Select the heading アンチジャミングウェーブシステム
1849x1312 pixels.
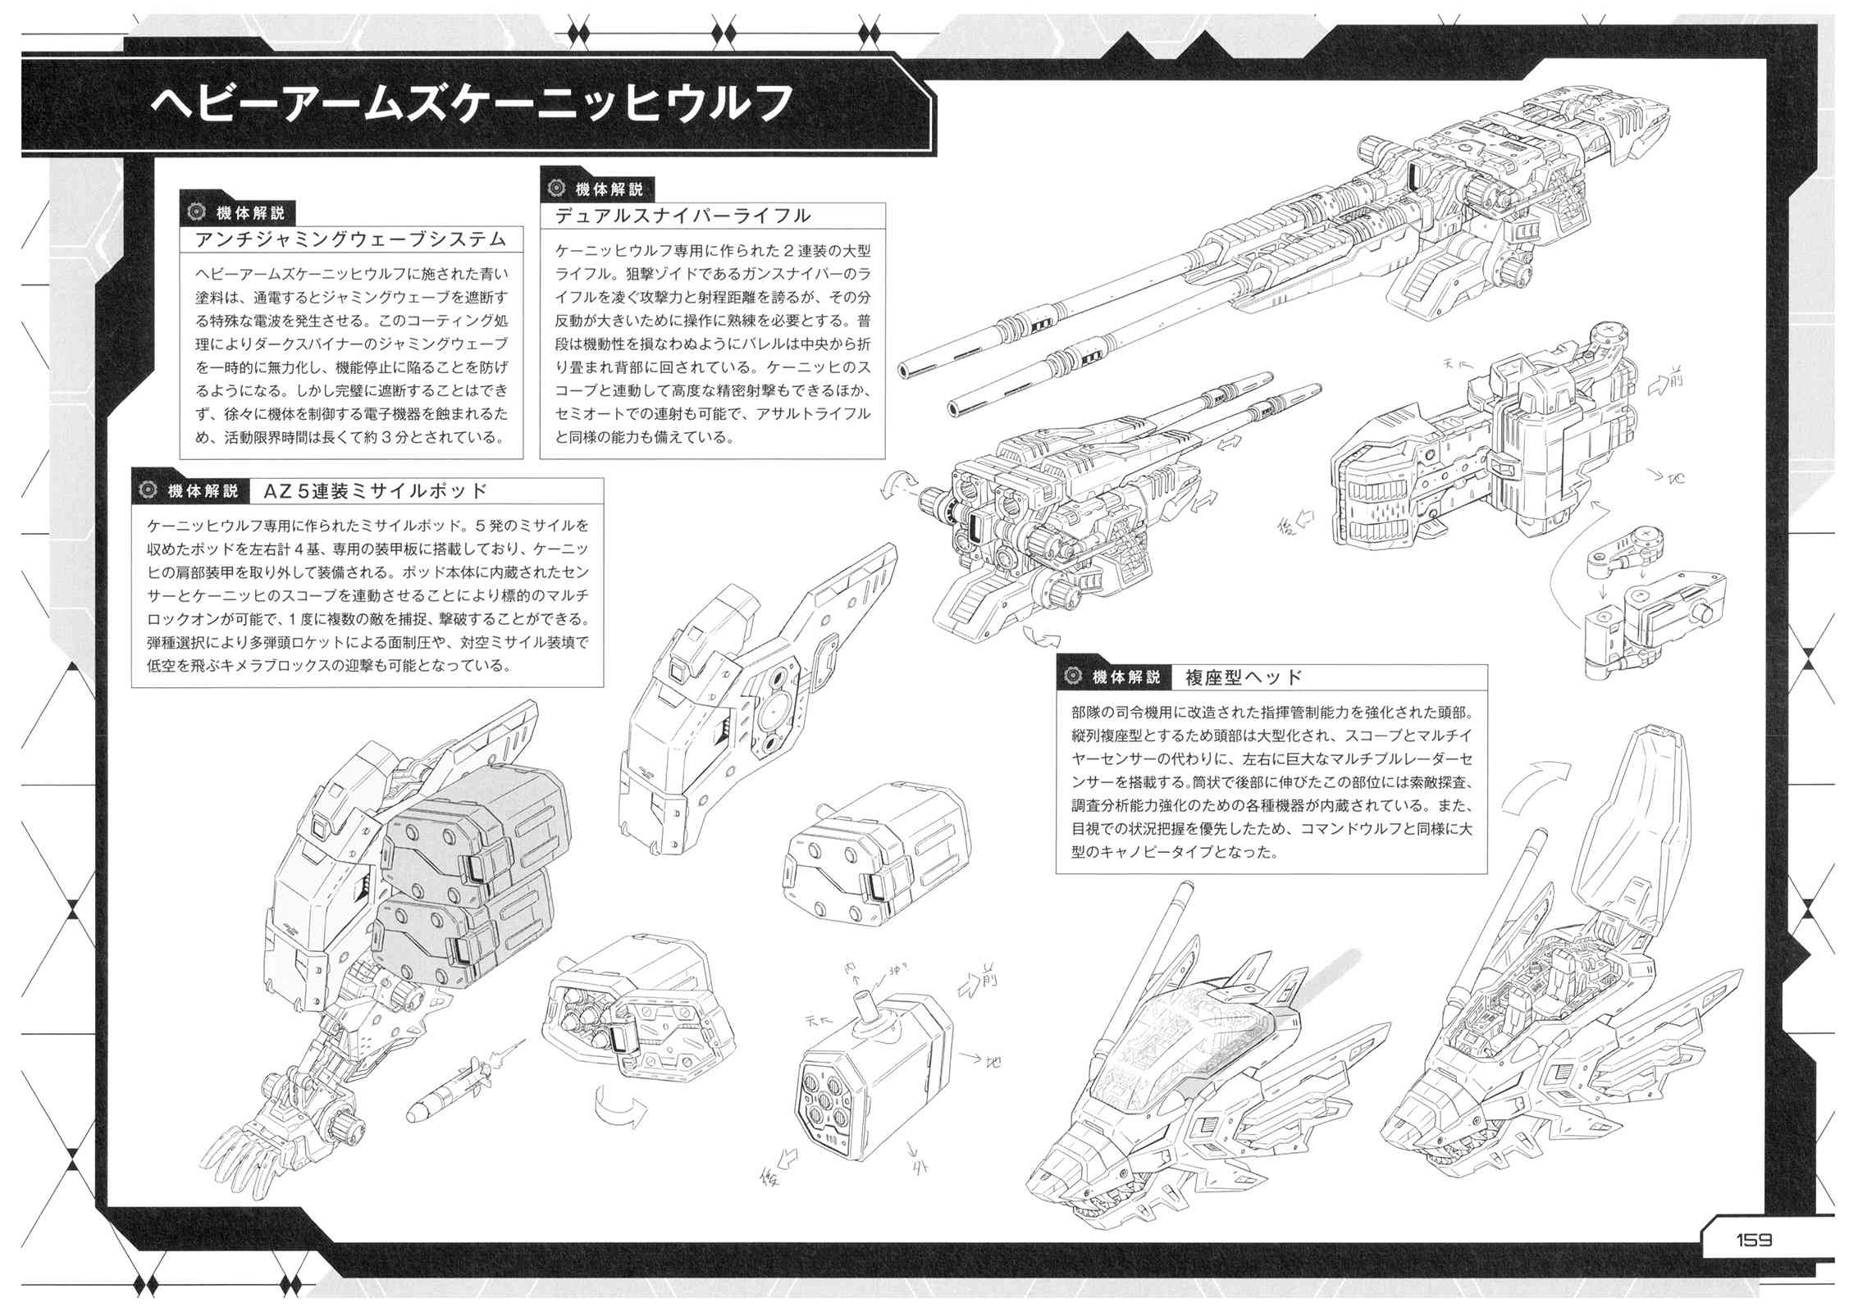coord(351,239)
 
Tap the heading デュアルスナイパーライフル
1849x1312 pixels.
coord(683,216)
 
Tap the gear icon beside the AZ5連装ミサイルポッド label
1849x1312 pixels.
coord(148,490)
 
